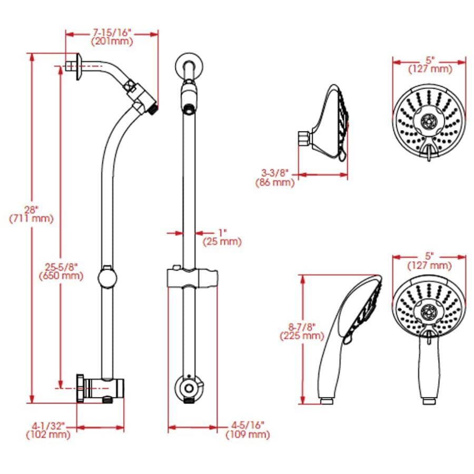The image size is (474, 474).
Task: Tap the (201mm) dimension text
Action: [x=112, y=42]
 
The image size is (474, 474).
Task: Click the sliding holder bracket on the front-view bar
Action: [x=192, y=278]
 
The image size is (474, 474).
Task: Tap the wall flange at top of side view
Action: [x=78, y=67]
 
